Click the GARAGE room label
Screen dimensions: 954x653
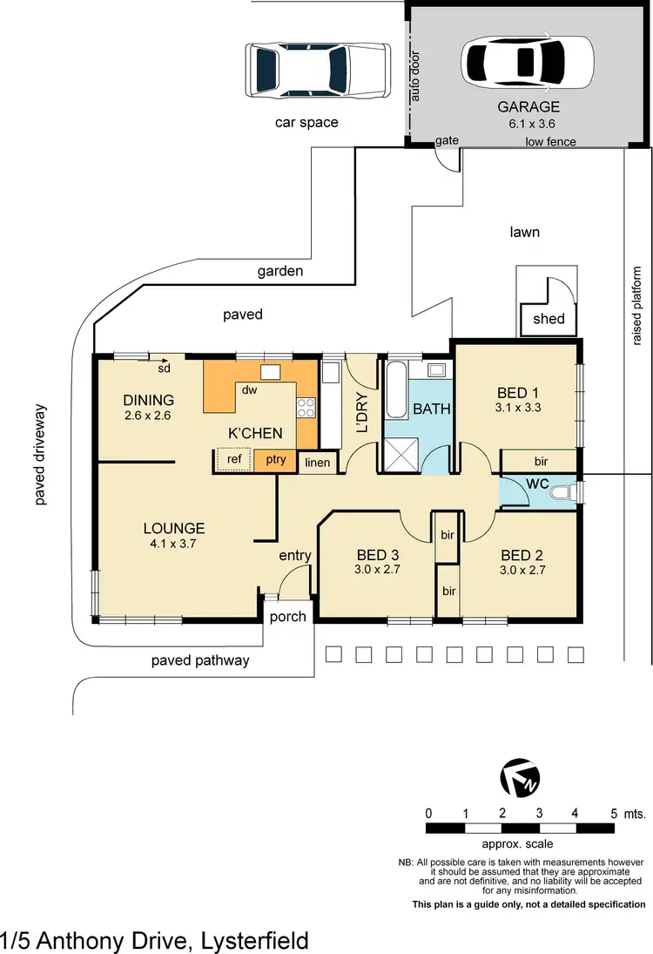pyautogui.click(x=528, y=107)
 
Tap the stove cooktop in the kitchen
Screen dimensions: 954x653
pyautogui.click(x=306, y=407)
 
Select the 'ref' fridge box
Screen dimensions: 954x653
pyautogui.click(x=233, y=459)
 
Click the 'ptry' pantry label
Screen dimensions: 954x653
pyautogui.click(x=276, y=459)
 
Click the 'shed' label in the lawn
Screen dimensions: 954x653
pyautogui.click(x=549, y=319)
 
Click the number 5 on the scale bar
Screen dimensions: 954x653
pyautogui.click(x=615, y=814)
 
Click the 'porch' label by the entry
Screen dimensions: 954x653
pyautogui.click(x=288, y=616)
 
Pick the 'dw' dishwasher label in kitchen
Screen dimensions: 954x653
pyautogui.click(x=248, y=389)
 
